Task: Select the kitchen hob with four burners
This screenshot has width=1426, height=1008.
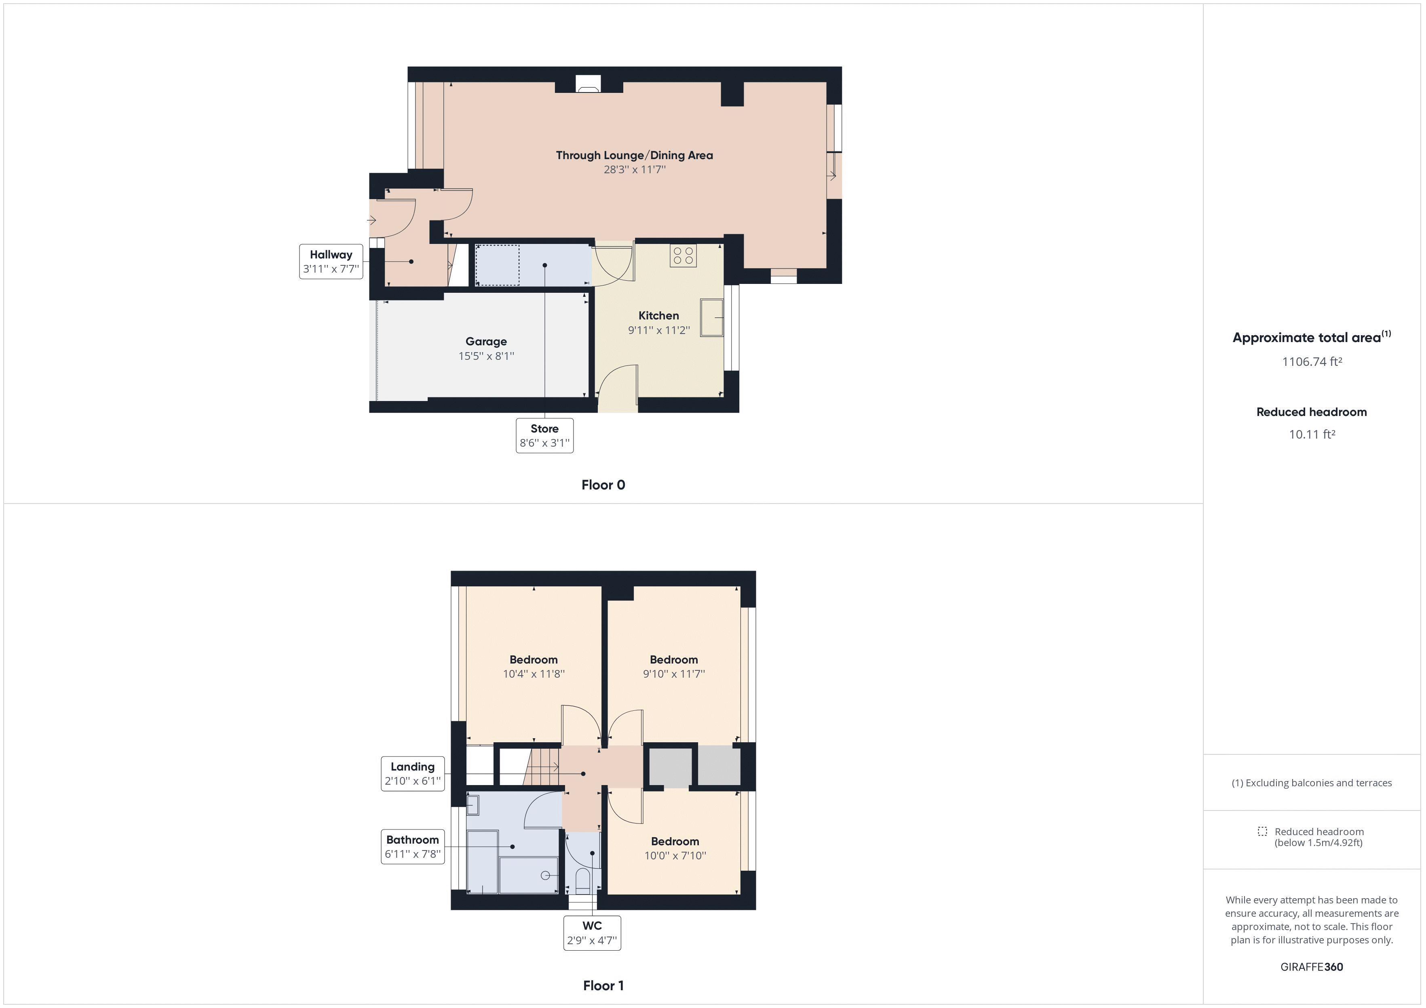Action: [x=683, y=255]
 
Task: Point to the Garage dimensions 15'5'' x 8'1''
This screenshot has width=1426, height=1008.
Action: [x=486, y=356]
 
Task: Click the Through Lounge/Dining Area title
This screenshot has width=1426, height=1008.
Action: [x=634, y=155]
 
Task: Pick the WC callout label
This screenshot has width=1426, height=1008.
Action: [x=592, y=932]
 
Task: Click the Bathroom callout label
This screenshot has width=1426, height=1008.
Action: [x=412, y=846]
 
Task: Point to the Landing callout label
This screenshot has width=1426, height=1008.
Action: [x=412, y=773]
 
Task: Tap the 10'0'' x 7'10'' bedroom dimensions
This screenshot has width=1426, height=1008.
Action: [x=675, y=855]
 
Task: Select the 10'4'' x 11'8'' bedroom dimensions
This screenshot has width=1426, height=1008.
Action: [x=534, y=674]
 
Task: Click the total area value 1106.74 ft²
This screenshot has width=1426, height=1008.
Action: [x=1312, y=361]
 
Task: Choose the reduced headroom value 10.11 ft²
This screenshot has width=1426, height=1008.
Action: [x=1312, y=434]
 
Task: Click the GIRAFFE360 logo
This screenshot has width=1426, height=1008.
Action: [x=1312, y=966]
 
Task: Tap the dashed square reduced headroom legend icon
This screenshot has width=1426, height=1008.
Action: [x=1262, y=831]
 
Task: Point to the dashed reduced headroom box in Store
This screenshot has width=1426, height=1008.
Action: [x=497, y=265]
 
